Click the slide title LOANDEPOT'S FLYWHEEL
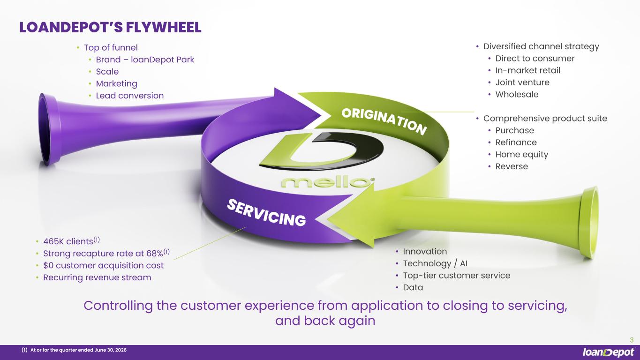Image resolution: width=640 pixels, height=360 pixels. pyautogui.click(x=110, y=28)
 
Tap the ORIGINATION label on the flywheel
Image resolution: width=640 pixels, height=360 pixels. pyautogui.click(x=384, y=121)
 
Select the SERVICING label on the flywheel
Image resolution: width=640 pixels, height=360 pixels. pyautogui.click(x=266, y=213)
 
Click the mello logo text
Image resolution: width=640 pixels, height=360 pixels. pyautogui.click(x=328, y=182)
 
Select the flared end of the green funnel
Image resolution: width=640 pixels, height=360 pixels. pyautogui.click(x=589, y=223)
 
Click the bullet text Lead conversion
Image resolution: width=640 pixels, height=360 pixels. pyautogui.click(x=130, y=96)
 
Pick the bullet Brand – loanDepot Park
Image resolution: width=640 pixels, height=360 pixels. pyautogui.click(x=145, y=60)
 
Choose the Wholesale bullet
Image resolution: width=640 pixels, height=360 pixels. pyautogui.click(x=517, y=94)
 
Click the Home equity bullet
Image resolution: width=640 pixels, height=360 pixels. pyautogui.click(x=522, y=155)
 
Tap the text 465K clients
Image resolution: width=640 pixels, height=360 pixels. pyautogui.click(x=68, y=241)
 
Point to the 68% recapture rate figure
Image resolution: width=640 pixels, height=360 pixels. pyautogui.click(x=155, y=254)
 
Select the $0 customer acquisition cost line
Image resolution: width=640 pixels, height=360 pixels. pyautogui.click(x=104, y=265)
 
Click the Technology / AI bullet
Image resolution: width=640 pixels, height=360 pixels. pyautogui.click(x=435, y=263)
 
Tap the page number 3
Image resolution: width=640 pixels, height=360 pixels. pyautogui.click(x=632, y=340)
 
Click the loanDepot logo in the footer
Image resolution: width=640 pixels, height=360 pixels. pyautogui.click(x=608, y=352)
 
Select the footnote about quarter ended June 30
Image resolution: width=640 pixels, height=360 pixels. pyautogui.click(x=74, y=350)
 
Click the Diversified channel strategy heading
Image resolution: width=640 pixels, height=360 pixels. pyautogui.click(x=541, y=46)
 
